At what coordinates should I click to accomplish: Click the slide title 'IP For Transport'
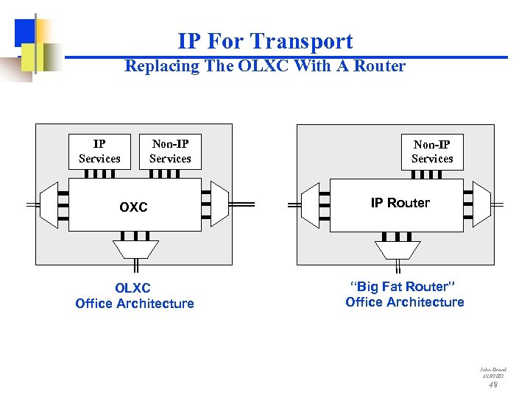point(265,41)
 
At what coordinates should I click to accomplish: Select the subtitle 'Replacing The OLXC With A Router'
point(265,66)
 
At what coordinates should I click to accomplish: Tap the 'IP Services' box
point(99,151)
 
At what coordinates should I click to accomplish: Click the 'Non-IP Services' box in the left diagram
point(170,151)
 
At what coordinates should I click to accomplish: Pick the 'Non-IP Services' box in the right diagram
point(432,151)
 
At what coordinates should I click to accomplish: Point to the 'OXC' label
point(133,207)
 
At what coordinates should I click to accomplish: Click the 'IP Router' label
point(400,203)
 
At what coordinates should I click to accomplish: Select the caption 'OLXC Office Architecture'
point(134,296)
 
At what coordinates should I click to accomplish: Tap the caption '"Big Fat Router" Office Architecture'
point(404,295)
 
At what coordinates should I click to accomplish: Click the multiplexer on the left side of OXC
point(49,204)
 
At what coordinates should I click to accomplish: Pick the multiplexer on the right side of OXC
point(219,204)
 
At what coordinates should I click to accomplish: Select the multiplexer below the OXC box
point(135,249)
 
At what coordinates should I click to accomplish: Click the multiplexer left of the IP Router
point(310,204)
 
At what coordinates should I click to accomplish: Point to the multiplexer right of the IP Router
point(481,204)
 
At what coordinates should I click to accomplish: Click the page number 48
point(493,384)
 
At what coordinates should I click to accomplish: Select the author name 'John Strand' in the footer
point(493,370)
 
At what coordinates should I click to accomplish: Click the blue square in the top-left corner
point(25,30)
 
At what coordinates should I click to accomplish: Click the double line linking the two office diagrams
point(264,204)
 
